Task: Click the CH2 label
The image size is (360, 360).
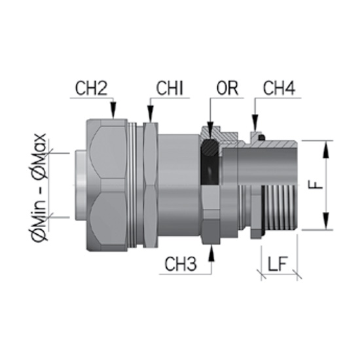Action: tap(91, 88)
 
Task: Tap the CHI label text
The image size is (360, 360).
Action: tap(170, 88)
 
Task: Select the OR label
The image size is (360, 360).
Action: tap(227, 88)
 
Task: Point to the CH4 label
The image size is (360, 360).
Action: tap(279, 88)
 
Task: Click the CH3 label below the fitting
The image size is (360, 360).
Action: tap(181, 264)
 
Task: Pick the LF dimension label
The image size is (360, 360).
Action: tap(278, 264)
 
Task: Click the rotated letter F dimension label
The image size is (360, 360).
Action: tap(317, 185)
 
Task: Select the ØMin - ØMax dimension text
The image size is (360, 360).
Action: tap(39, 187)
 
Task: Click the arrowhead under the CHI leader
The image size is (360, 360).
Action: tap(151, 114)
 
